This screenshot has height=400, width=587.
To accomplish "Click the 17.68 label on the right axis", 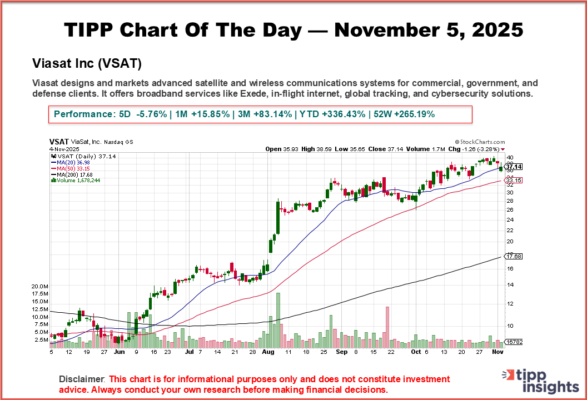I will [x=513, y=256].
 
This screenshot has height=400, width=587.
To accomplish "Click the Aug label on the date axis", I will [x=268, y=352].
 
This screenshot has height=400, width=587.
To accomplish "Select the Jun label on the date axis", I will [x=119, y=352].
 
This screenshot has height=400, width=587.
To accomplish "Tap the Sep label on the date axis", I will [x=341, y=352].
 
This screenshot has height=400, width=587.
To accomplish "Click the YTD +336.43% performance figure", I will [x=332, y=114].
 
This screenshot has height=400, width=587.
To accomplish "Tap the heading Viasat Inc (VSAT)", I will [x=87, y=63].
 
